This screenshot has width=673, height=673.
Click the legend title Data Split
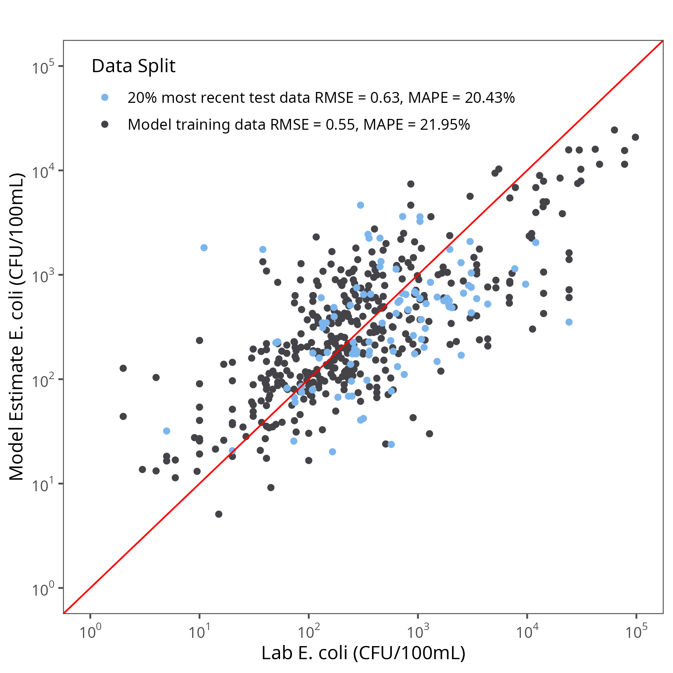133,66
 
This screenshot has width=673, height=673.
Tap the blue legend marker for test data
105,98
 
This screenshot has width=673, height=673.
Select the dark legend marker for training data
105,125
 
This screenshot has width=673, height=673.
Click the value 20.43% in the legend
490,98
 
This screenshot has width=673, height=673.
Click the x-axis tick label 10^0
90,631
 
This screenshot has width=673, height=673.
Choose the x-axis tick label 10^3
418,631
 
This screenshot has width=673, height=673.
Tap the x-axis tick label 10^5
636,631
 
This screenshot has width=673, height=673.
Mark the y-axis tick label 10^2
43,380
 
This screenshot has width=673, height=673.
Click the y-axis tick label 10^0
43,589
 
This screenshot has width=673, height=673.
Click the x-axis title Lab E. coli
363,653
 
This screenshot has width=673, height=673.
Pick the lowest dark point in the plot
219,514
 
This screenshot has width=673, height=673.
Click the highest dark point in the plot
614,130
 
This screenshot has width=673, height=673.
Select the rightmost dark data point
635,137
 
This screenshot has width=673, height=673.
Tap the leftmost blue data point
167,431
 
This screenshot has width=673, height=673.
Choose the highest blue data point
360,205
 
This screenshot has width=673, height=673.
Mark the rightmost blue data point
569,322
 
